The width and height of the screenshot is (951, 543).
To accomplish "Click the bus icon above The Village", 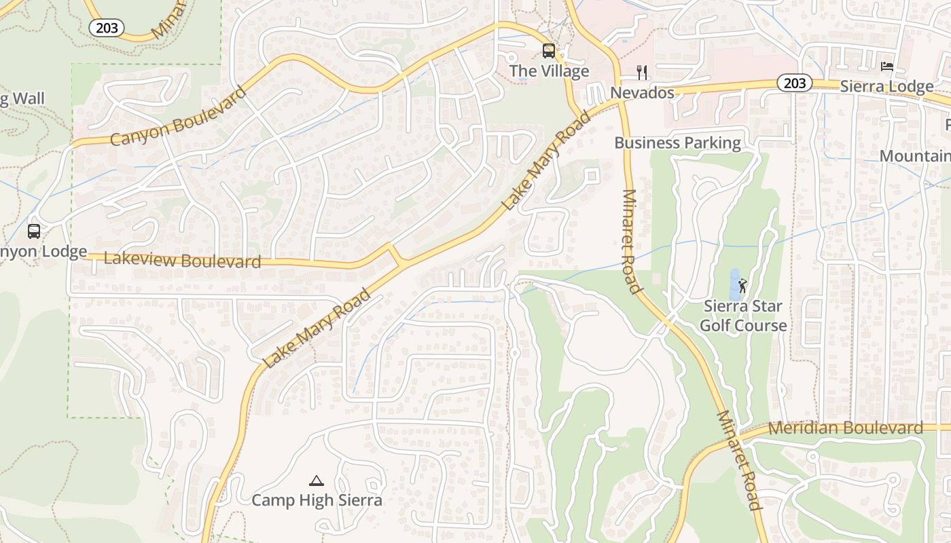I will (548, 51).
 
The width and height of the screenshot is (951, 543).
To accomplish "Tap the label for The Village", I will (549, 71).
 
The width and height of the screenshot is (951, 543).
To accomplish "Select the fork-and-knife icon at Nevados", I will (642, 73).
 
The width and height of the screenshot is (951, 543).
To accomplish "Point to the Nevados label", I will (642, 92).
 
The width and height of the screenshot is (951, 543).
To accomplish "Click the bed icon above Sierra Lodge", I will (886, 67).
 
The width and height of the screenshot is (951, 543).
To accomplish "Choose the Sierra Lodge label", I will (886, 86).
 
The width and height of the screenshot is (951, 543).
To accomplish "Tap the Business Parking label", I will (677, 143).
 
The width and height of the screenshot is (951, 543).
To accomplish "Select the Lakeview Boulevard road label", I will (182, 260).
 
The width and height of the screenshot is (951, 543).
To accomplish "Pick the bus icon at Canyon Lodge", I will (34, 231).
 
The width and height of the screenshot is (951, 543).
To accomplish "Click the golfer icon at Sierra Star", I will (742, 286).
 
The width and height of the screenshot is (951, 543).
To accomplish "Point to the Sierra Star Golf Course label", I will (743, 316).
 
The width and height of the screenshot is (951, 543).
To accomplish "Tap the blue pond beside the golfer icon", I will (734, 285).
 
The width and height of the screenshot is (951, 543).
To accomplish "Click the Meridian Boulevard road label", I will (846, 428).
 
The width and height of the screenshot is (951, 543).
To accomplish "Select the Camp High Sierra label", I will (317, 500).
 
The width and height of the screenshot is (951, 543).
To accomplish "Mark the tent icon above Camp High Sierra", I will (316, 481).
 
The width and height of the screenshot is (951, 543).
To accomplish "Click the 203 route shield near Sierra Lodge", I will (794, 83).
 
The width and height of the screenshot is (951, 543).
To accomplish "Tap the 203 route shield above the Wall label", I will (107, 27).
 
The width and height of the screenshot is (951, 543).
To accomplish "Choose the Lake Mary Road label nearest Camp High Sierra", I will (317, 329).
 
